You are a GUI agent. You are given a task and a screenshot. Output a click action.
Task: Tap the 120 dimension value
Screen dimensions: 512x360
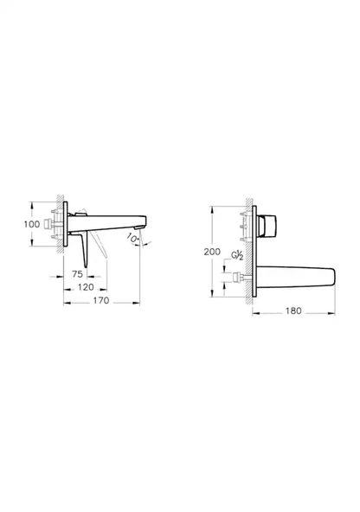(x=85, y=285)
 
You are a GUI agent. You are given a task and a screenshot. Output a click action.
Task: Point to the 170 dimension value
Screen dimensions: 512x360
(x=101, y=302)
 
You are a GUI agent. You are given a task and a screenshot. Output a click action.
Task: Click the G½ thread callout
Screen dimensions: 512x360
(x=236, y=257)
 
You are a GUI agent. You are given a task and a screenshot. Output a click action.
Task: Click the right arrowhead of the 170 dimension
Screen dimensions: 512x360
(x=139, y=303)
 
